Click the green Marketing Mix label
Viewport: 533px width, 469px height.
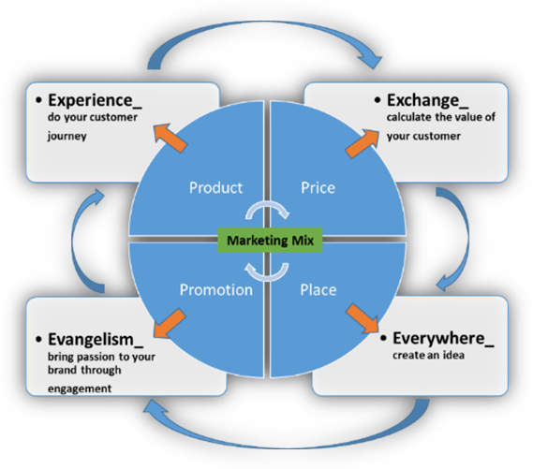coord(270,240)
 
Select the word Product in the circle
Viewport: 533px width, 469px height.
coord(215,188)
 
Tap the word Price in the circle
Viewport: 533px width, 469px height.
coord(318,188)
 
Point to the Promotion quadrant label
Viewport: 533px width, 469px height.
coord(215,289)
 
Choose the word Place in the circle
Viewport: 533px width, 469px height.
coord(318,289)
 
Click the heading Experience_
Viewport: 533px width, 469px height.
coord(95,100)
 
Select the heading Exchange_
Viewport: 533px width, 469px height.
coord(428,100)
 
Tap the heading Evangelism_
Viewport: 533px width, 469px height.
coord(96,339)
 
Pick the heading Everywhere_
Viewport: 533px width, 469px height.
coord(443,339)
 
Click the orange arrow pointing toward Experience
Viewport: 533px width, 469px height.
coord(170,138)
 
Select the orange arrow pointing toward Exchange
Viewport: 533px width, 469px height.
coord(362,143)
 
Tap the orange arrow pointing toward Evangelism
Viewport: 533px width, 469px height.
coord(170,323)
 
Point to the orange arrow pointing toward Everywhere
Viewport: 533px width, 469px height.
coord(363,318)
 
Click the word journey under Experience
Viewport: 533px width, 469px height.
coord(67,136)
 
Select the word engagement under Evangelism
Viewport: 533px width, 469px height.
coord(80,388)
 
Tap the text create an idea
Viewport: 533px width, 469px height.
coord(429,355)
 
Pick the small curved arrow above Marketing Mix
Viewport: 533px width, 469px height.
coord(267,205)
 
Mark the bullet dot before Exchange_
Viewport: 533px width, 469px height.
coord(378,100)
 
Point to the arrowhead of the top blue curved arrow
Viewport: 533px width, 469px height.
coord(372,61)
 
